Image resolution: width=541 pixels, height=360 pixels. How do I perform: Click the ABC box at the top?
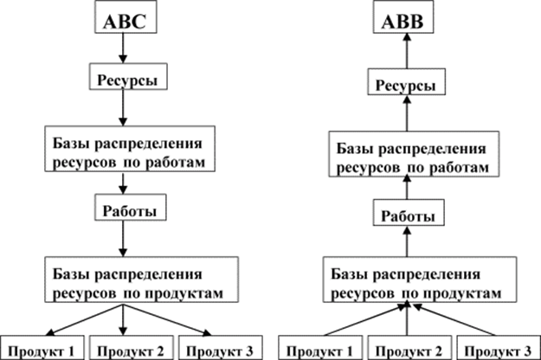126,17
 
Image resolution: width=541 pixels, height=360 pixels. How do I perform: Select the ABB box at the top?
403,17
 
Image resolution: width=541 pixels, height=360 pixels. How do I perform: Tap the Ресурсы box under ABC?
128,76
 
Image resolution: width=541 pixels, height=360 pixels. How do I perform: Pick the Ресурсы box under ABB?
407,81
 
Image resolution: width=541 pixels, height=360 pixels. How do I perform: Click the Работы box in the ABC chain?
131,207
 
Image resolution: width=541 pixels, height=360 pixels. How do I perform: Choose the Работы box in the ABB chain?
409,212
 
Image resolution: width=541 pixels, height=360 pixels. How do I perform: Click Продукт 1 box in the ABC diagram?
42,348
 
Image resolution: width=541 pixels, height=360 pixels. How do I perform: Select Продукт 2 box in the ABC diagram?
131,348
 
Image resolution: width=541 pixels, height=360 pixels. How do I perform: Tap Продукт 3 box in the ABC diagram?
221,348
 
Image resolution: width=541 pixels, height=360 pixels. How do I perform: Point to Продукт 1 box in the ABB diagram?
320,348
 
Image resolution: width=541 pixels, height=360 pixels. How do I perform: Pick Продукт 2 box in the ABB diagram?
409,348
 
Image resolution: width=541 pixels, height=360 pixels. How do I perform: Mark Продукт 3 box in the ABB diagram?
499,348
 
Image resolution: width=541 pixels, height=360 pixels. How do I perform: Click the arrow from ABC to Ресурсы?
123,48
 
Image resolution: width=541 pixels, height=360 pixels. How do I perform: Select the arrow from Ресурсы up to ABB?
407,51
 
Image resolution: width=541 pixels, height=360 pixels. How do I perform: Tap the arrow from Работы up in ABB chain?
407,241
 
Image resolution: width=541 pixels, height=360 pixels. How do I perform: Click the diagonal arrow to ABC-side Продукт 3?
167,319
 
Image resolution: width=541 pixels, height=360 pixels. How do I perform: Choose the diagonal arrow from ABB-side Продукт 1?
364,319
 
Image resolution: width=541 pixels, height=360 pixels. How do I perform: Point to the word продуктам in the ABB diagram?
461,293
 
